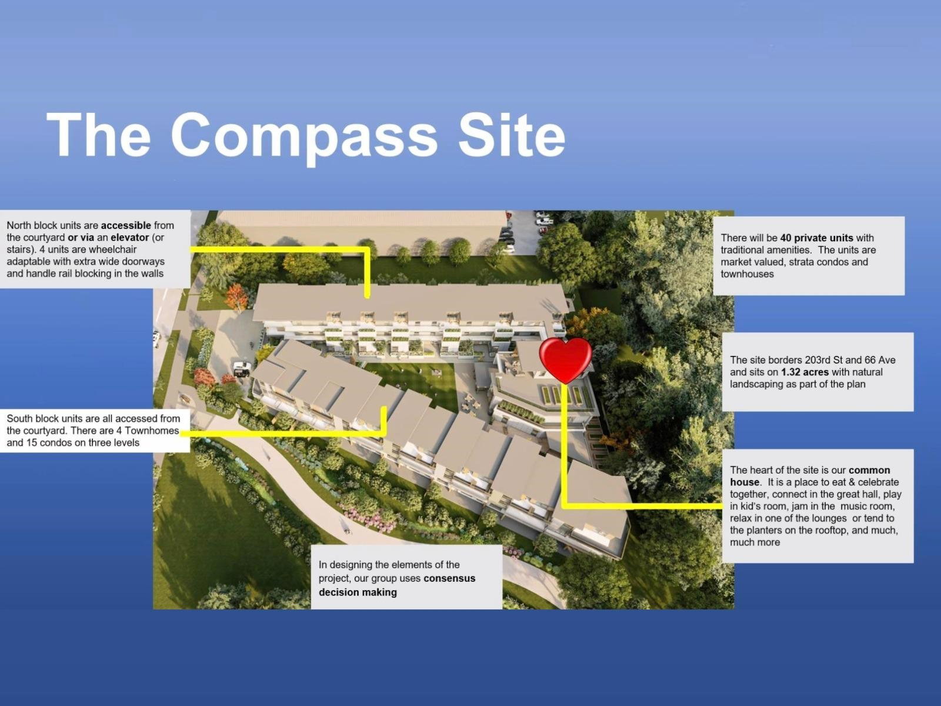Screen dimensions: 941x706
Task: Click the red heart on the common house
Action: [565, 360]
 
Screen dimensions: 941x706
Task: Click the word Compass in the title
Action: [304, 137]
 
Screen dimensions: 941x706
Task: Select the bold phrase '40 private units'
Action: [817, 238]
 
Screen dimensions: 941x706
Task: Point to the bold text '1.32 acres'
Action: [805, 372]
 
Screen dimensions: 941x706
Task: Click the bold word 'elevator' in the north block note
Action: [129, 238]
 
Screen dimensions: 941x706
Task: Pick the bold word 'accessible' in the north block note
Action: [126, 225]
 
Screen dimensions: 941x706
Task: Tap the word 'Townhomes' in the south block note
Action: [152, 431]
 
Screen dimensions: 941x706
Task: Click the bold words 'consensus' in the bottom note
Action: [449, 578]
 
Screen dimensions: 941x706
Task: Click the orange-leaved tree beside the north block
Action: [236, 297]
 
